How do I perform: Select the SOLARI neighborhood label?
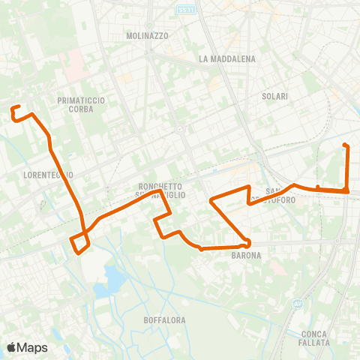pyautogui.click(x=275, y=96)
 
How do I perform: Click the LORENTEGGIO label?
pyautogui.click(x=48, y=175)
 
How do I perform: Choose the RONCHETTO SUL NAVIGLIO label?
pyautogui.click(x=161, y=190)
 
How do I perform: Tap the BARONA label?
pyautogui.click(x=246, y=256)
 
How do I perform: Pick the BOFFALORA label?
pyautogui.click(x=164, y=320)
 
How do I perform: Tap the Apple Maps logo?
pyautogui.click(x=27, y=347)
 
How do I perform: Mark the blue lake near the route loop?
pyautogui.click(x=115, y=278)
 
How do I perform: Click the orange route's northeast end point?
pyautogui.click(x=344, y=145)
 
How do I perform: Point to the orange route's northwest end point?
pyautogui.click(x=13, y=109)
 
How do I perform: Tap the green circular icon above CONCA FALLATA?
pyautogui.click(x=298, y=304)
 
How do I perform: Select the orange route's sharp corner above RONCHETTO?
pyautogui.click(x=162, y=191)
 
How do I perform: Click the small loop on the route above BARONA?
pyautogui.click(x=244, y=243)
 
